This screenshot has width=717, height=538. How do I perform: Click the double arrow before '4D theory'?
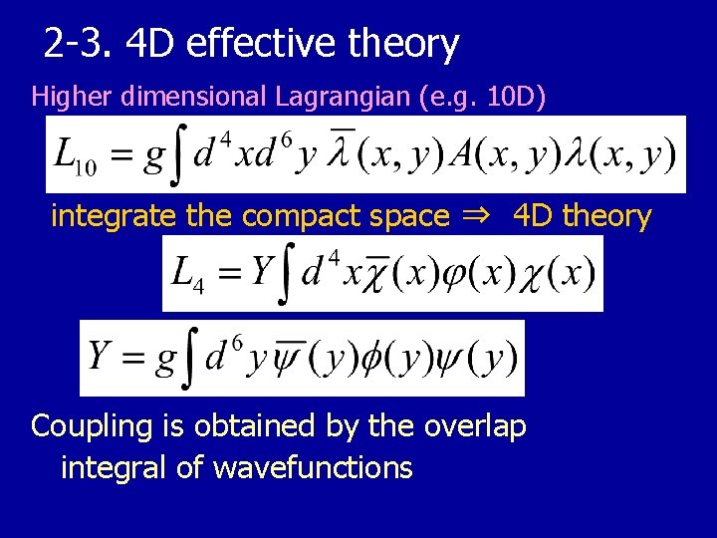point(483,216)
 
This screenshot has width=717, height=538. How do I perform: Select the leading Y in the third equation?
point(98,356)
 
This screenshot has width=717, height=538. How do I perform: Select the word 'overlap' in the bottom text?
point(476,426)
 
